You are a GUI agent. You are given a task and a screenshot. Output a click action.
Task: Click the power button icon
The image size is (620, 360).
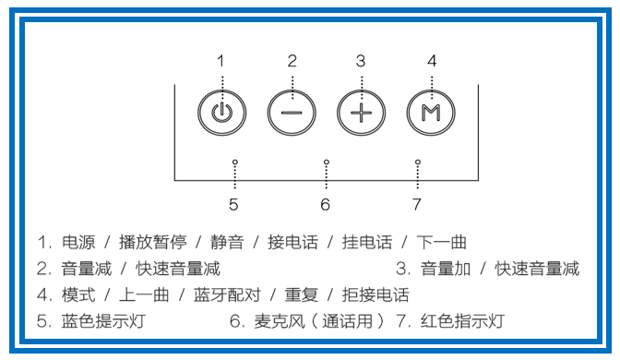[220, 113]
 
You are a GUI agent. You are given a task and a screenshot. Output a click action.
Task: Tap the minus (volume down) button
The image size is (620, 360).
[291, 113]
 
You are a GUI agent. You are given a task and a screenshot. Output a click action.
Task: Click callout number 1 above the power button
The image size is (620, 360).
[221, 61]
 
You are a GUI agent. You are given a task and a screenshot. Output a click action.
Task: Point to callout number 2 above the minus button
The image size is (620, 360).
[292, 61]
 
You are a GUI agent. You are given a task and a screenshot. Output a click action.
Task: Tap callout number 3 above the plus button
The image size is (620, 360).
[361, 61]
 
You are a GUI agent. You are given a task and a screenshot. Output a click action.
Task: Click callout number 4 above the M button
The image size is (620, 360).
[431, 61]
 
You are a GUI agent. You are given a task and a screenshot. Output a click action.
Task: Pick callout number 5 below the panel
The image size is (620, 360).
[234, 204]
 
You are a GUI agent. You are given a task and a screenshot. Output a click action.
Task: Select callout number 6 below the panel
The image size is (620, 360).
[326, 204]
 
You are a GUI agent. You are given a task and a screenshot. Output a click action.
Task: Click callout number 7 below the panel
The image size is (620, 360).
[417, 204]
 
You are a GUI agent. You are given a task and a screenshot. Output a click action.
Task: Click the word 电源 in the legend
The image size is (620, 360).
[77, 243]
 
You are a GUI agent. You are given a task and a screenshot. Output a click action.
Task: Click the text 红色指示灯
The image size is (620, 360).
[461, 322]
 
